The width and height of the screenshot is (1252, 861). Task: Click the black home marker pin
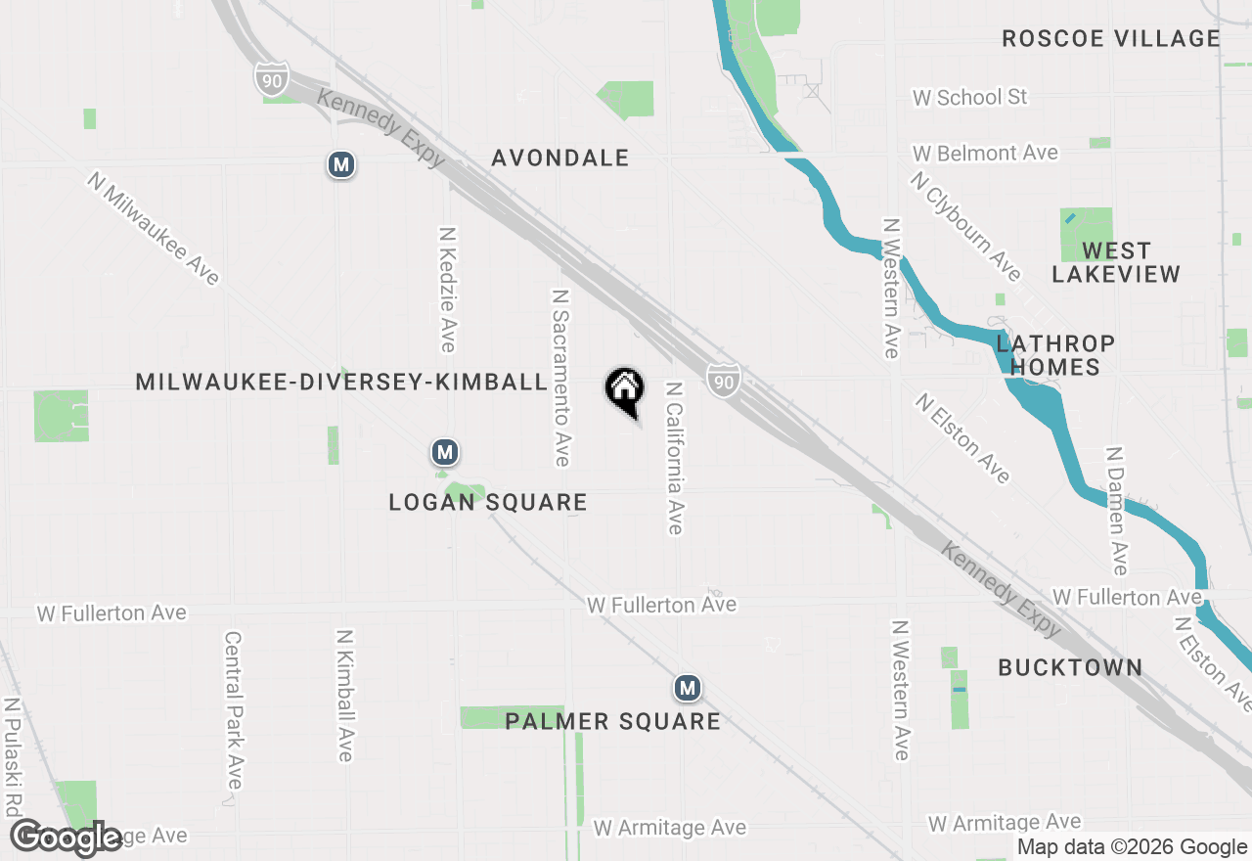[624, 389]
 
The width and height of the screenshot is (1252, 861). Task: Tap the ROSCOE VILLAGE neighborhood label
[1111, 39]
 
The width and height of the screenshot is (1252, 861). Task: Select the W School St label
[969, 97]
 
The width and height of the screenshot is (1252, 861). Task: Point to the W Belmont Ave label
[985, 154]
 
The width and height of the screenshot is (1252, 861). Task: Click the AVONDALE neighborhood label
[559, 158]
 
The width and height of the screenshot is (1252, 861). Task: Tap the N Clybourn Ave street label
[964, 224]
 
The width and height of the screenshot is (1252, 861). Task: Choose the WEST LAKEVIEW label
[1116, 262]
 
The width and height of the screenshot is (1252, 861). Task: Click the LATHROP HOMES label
[1054, 355]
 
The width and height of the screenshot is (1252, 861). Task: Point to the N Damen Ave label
[1116, 511]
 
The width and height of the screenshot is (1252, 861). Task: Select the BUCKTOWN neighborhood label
[1070, 668]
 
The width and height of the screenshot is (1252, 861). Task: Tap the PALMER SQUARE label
[612, 722]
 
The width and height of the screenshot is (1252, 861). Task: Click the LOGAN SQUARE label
[488, 503]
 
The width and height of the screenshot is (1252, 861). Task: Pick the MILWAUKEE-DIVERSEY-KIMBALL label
[340, 382]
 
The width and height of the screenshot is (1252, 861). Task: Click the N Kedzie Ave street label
[447, 290]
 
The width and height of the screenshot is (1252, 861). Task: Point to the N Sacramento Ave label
[560, 377]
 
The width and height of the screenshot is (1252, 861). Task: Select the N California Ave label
[673, 457]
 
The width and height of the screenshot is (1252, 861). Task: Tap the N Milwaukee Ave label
[154, 228]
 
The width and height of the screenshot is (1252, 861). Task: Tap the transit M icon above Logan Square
[445, 453]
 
